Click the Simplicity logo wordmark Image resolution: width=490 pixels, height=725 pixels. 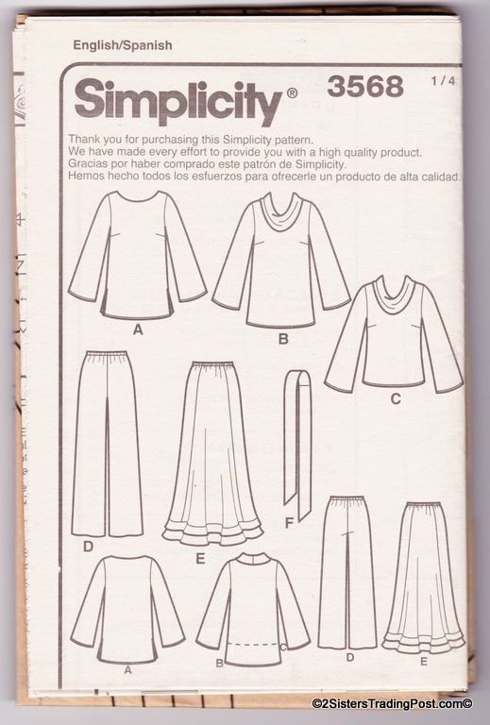(x=178, y=102)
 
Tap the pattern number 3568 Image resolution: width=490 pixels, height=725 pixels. (x=365, y=87)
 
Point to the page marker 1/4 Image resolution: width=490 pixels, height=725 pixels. (x=443, y=81)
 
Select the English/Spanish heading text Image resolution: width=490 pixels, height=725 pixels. (x=123, y=45)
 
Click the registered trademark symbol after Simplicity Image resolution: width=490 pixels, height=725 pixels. (x=292, y=93)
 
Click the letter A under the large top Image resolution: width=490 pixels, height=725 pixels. (x=138, y=330)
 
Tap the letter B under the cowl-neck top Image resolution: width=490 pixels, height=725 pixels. (x=283, y=340)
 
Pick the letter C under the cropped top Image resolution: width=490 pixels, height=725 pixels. (x=396, y=398)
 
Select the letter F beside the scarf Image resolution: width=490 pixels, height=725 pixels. (x=289, y=523)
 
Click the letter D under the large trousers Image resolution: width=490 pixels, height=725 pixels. (x=88, y=547)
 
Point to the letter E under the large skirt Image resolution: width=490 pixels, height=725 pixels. (x=200, y=559)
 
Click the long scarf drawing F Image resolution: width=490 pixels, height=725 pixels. (x=296, y=445)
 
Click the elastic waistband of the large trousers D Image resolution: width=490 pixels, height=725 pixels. (x=107, y=355)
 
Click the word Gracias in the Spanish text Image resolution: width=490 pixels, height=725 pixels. (x=86, y=163)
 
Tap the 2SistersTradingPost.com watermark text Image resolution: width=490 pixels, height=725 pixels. (x=392, y=704)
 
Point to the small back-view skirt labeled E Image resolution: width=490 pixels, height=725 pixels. (x=423, y=578)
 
